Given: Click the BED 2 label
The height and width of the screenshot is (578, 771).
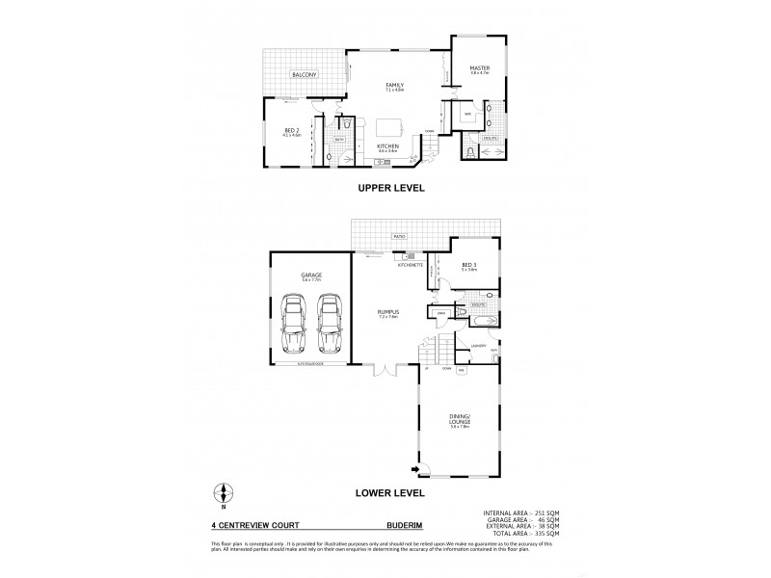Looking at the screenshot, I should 291,132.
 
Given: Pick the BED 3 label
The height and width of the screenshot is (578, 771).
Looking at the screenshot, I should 469,266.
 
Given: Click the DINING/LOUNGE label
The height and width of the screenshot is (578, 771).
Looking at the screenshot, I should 460,419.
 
